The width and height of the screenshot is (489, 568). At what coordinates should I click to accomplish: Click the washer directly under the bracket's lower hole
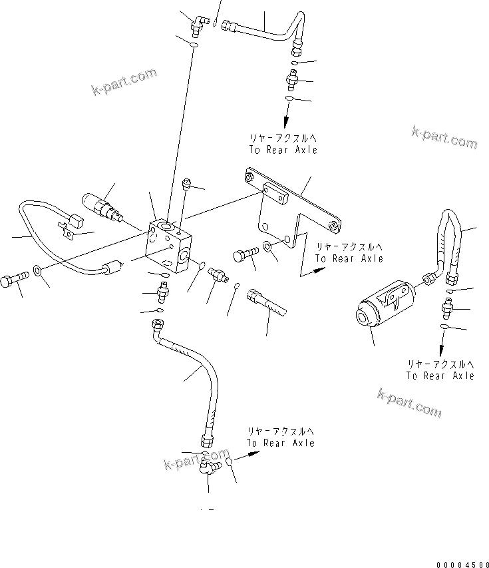click(x=268, y=248)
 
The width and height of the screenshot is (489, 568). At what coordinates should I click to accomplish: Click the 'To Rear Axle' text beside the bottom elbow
click(x=280, y=442)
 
